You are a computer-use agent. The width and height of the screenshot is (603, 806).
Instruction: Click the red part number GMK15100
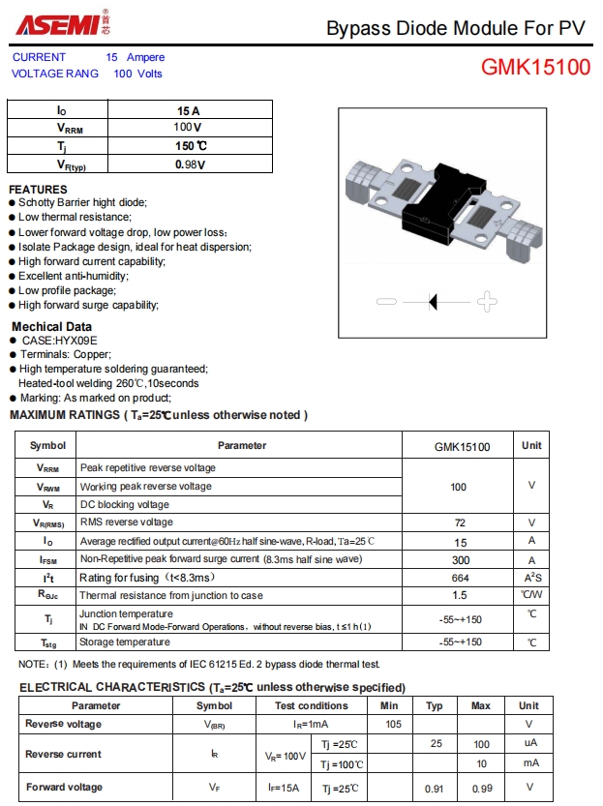tap(535, 69)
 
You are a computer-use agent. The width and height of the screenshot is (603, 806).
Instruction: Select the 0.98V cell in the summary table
tap(190, 164)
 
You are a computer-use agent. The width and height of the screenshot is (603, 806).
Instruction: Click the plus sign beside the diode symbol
tap(487, 302)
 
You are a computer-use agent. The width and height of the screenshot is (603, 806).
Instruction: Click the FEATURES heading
tap(38, 189)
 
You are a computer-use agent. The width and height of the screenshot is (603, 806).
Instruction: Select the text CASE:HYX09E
tap(59, 341)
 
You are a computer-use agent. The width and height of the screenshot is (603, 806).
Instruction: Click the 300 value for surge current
tap(460, 559)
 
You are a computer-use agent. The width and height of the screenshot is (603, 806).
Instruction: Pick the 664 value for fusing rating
tap(460, 578)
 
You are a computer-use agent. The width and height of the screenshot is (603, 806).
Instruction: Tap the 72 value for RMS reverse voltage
tap(460, 522)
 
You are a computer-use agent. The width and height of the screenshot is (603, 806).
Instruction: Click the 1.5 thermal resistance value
tap(460, 596)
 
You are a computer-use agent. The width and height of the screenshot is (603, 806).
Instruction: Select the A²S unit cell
tap(531, 578)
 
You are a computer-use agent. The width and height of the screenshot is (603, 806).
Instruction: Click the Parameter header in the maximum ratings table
tap(241, 446)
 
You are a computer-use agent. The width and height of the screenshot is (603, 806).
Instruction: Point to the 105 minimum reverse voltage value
tap(393, 724)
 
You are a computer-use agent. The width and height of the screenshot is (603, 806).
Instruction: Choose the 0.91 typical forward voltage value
tap(435, 789)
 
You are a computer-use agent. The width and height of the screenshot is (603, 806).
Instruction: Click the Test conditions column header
tap(311, 705)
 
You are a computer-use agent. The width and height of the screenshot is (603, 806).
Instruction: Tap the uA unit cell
tap(529, 743)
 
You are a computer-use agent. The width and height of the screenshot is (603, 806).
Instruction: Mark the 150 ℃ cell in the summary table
tap(190, 146)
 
